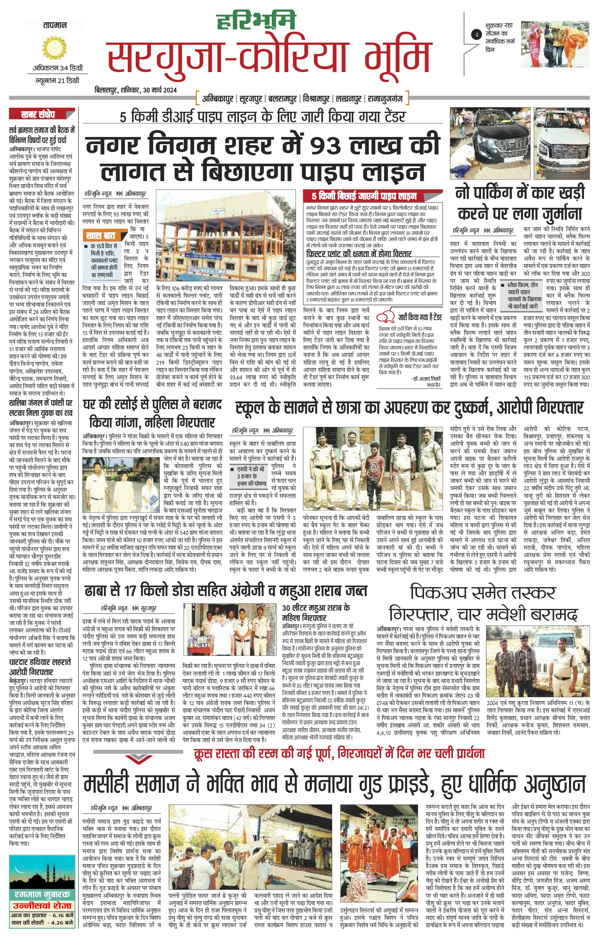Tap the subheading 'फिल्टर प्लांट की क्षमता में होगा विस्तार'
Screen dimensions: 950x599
pos(358,253)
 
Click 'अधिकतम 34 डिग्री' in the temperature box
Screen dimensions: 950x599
pos(58,68)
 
